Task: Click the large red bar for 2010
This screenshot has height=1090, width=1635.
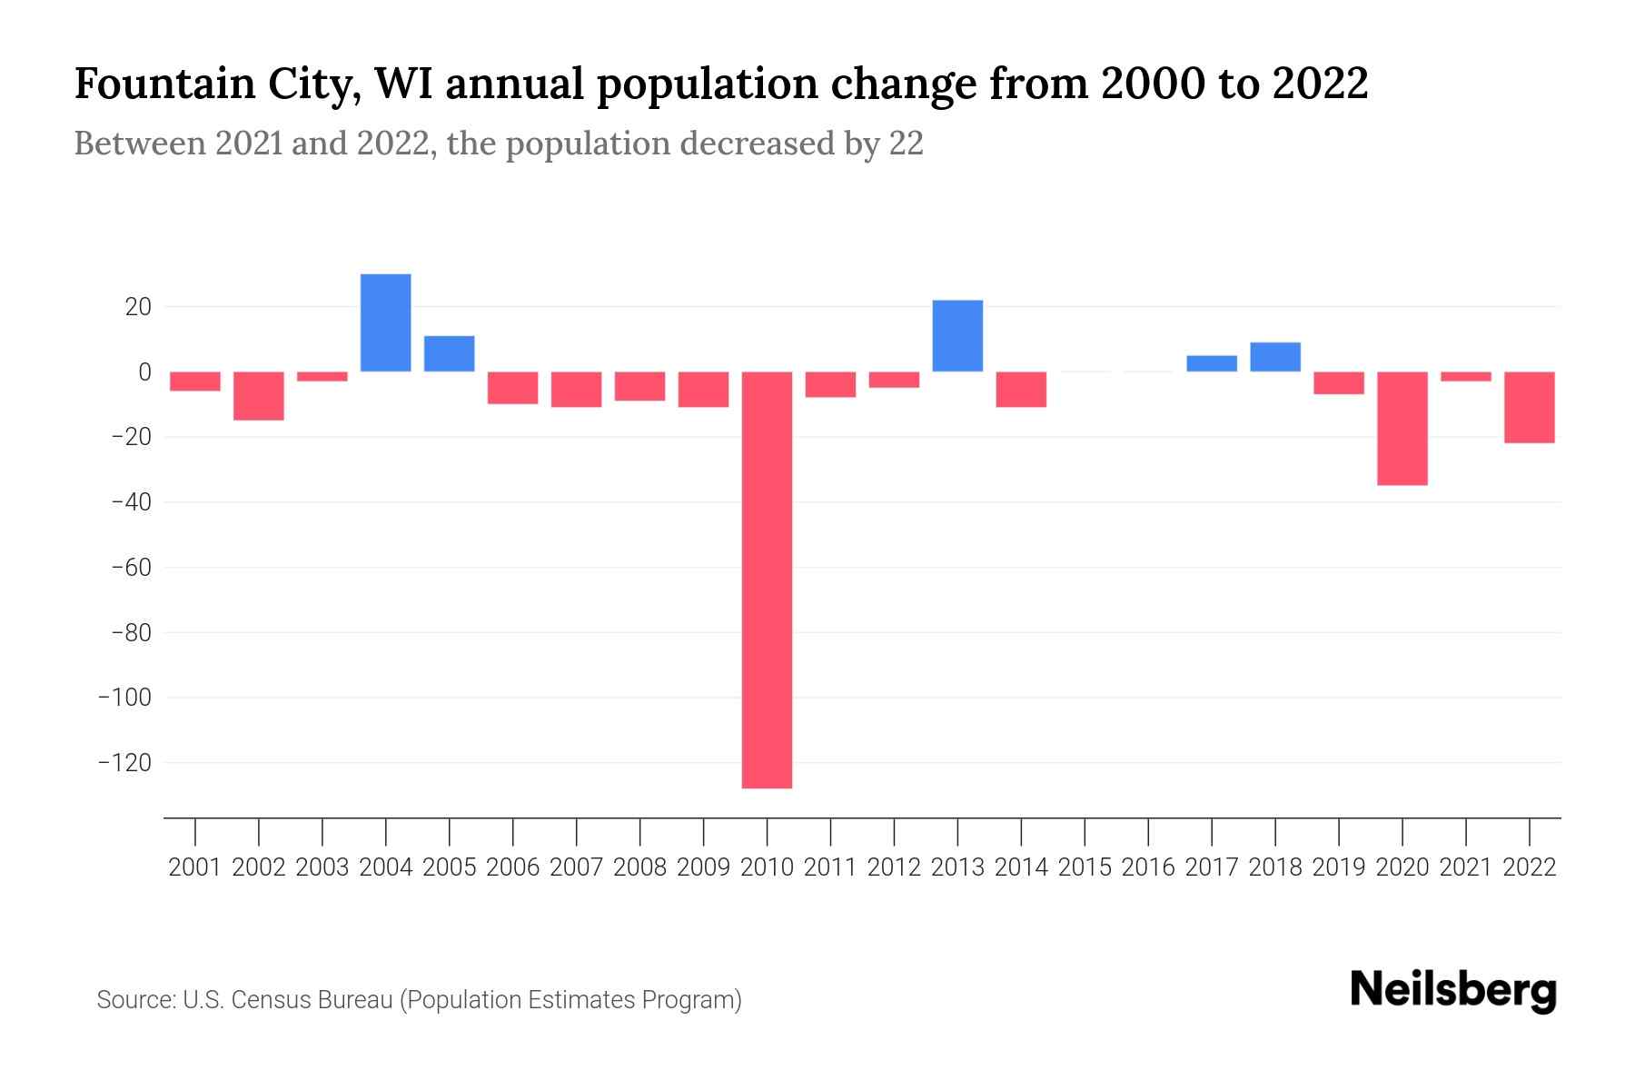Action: pyautogui.click(x=767, y=580)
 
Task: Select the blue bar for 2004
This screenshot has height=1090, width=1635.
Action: pyautogui.click(x=385, y=322)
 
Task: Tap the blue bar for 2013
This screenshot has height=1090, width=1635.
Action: pyautogui.click(x=957, y=335)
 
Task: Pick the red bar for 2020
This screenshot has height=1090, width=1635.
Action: pyautogui.click(x=1402, y=428)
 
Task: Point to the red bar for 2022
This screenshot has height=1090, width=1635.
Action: pyautogui.click(x=1529, y=407)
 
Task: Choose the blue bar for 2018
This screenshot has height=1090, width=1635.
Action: pyautogui.click(x=1274, y=357)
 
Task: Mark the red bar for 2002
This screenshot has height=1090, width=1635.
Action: pyautogui.click(x=259, y=396)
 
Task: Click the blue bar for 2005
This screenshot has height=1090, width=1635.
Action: pyautogui.click(x=449, y=353)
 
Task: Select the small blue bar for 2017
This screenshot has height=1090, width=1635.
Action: pyautogui.click(x=1211, y=363)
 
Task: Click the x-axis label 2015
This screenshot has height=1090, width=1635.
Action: pyautogui.click(x=1085, y=867)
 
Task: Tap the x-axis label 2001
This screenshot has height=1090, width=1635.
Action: pyautogui.click(x=195, y=867)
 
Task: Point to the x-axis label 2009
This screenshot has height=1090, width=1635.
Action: pyautogui.click(x=703, y=867)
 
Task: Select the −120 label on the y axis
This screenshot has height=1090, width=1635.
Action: pyautogui.click(x=124, y=763)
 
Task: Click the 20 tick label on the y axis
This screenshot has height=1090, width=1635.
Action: pyautogui.click(x=138, y=307)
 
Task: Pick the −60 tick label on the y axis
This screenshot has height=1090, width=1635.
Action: pyautogui.click(x=130, y=568)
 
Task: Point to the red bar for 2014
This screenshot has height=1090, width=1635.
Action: pyautogui.click(x=1021, y=389)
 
